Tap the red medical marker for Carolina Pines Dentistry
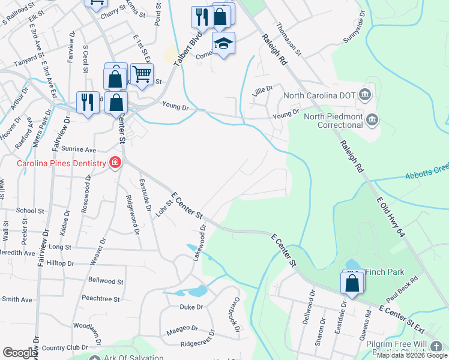tap(115, 163)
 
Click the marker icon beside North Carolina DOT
tap(364, 95)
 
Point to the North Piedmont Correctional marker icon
tap(372, 120)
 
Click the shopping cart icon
tap(142, 74)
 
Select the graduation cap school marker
tap(223, 44)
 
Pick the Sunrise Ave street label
tap(81, 149)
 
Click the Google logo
tap(20, 353)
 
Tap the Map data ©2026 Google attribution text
tap(412, 355)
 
